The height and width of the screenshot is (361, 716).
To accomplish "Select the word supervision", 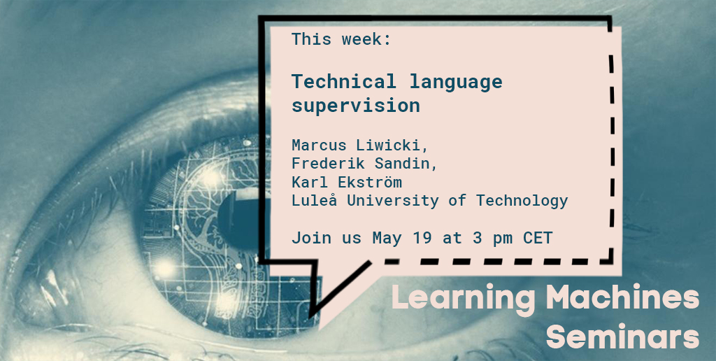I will pos(356,106).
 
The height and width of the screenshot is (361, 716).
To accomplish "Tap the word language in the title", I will pos(456,82).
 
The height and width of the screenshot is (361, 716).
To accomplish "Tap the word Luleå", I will pos(313,201).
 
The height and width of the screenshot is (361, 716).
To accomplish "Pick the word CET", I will pos(538,238).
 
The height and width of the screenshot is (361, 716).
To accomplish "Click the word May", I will pos(387,238).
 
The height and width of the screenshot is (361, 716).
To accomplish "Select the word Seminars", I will pos(622,337).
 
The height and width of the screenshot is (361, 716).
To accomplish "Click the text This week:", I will pos(341,39).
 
